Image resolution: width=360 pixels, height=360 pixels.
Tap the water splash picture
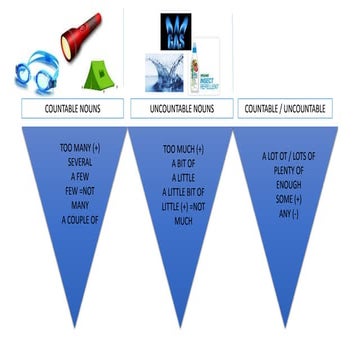tap(165, 72)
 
